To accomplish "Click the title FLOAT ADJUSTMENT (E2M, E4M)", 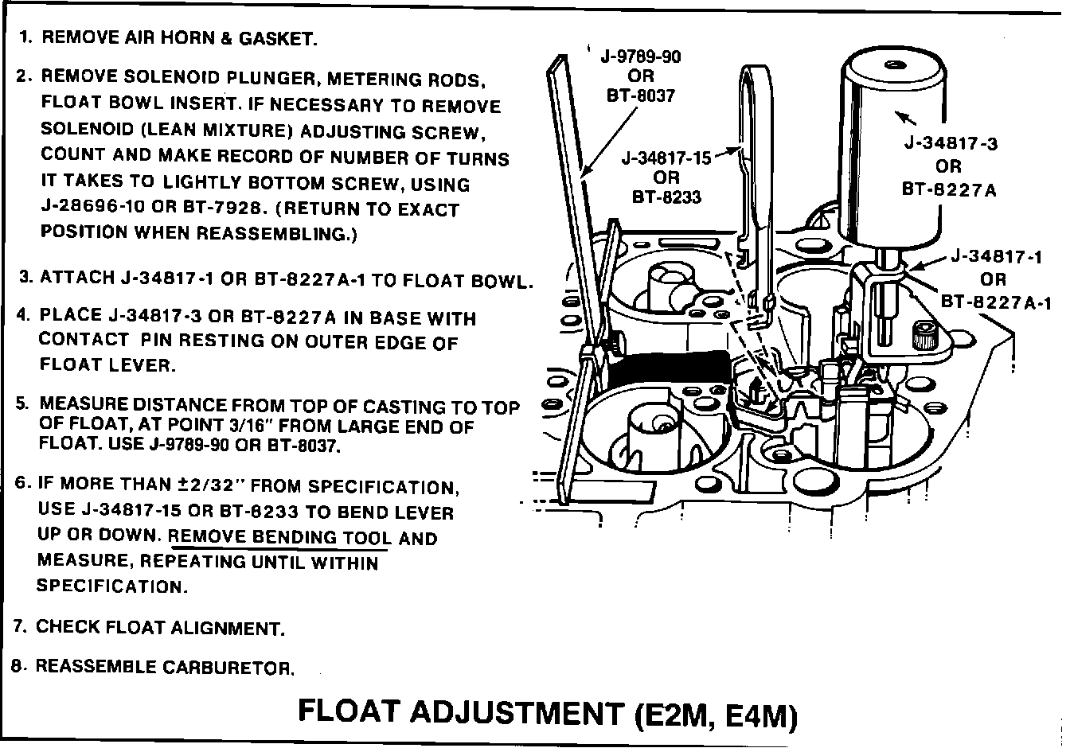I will [x=547, y=711].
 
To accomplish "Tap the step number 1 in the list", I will [x=25, y=37].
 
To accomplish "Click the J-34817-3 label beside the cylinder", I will [x=950, y=144].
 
